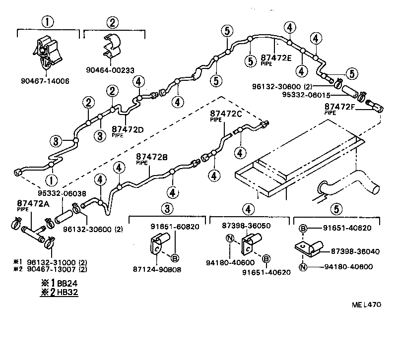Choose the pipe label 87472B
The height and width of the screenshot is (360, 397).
click(x=152, y=157)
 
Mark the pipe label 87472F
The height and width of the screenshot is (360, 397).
click(x=340, y=107)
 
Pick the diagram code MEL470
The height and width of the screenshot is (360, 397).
click(x=368, y=304)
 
